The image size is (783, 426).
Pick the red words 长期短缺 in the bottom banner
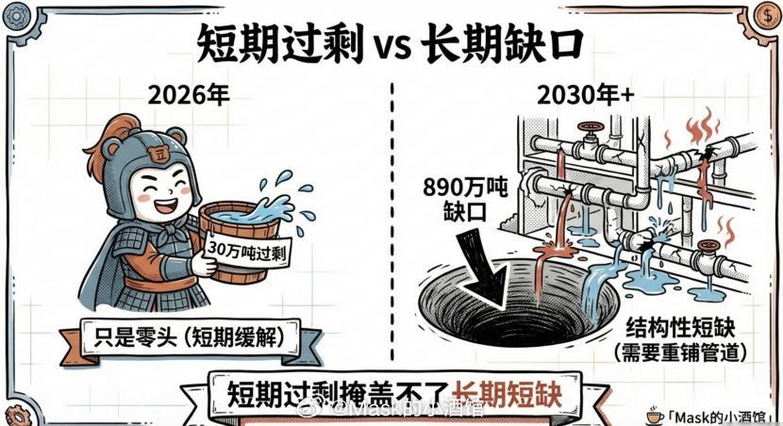coord(507,391)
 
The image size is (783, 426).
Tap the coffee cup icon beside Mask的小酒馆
coord(653,414)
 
